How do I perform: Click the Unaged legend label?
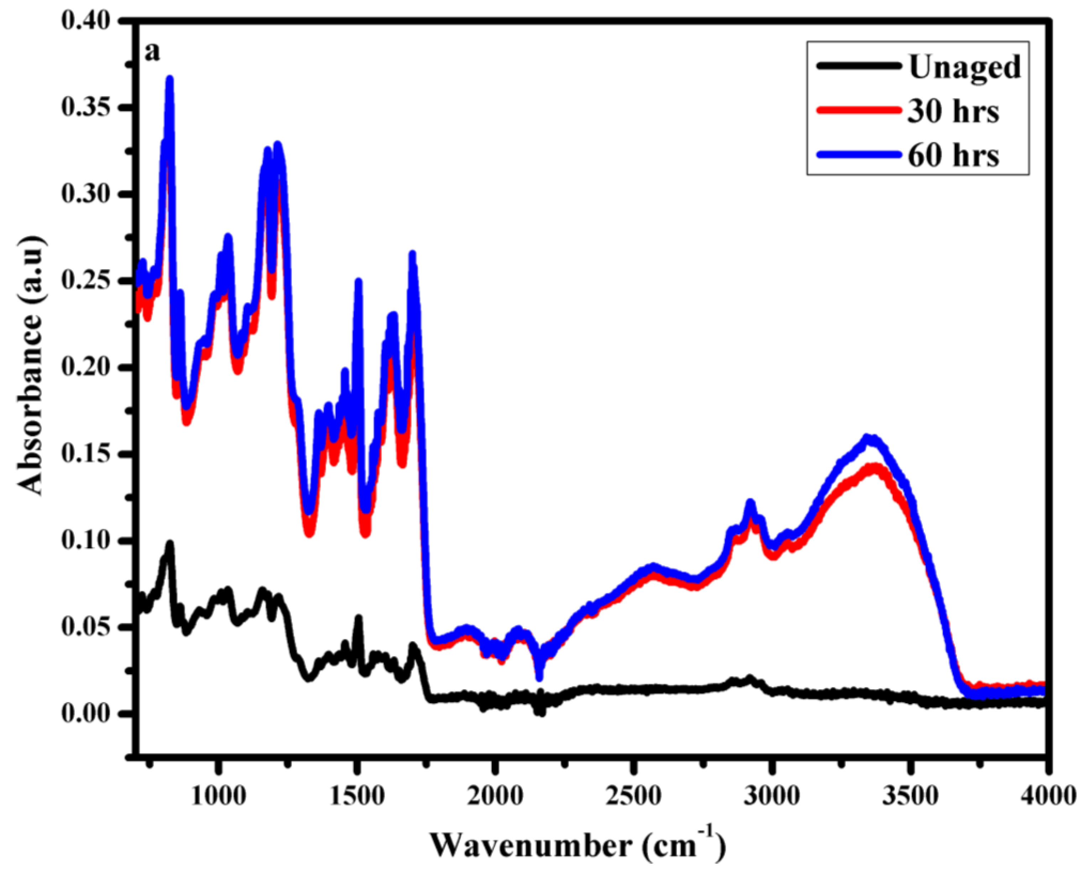(964, 67)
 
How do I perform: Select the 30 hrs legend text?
(953, 111)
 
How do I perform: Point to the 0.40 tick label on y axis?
(85, 22)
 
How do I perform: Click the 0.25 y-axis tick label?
(85, 281)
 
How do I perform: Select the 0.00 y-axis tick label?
(85, 714)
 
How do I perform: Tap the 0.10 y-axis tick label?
(85, 541)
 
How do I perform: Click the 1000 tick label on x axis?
(218, 796)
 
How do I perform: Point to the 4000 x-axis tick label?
(1048, 796)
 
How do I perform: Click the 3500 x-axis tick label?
(910, 796)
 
